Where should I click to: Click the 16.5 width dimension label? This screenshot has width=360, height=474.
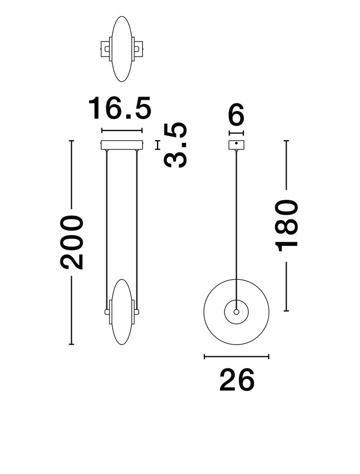(120, 108)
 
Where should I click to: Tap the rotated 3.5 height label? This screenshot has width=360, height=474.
(177, 145)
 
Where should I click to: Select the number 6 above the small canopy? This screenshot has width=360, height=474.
(236, 115)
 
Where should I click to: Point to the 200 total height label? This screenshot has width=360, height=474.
(72, 242)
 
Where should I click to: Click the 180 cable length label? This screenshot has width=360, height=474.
(286, 225)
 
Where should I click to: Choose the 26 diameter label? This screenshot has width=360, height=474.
(236, 381)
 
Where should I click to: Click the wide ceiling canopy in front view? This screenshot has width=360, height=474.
(122, 145)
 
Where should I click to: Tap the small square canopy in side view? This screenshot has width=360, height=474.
(236, 145)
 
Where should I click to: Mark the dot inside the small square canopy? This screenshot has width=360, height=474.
(236, 143)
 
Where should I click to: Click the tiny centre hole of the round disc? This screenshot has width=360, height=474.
(236, 311)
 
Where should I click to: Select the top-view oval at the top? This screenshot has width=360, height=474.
(122, 49)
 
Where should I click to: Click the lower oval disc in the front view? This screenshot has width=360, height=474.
(122, 312)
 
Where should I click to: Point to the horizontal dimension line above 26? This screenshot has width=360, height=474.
(236, 356)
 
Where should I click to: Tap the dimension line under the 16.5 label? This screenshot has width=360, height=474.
(122, 130)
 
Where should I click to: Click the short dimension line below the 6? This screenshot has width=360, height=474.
(236, 133)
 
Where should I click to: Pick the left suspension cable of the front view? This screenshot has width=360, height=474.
(107, 226)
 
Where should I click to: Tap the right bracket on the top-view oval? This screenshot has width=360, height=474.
(139, 49)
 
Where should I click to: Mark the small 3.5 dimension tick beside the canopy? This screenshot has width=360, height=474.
(158, 145)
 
